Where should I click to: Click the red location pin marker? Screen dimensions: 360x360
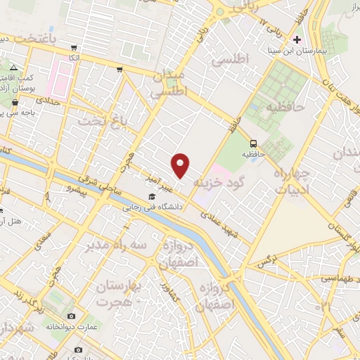pyautogui.click(x=181, y=165)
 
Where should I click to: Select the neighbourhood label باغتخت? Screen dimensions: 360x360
pyautogui.click(x=30, y=37)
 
